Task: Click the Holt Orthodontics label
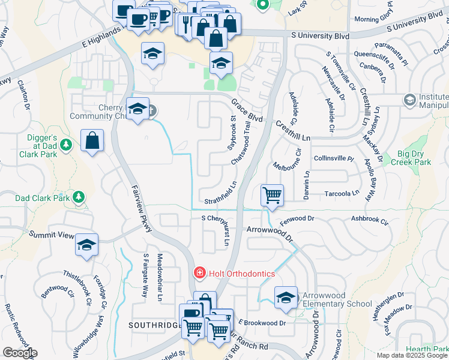coord(241,274)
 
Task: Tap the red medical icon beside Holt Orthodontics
coord(198,274)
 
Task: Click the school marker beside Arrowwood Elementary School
coord(286,298)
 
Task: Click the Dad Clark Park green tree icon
coord(79,196)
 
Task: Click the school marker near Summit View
coord(87,245)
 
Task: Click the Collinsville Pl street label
coord(334,158)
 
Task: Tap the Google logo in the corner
coord(20,353)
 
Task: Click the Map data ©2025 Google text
coord(412,355)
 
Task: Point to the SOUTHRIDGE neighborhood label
coord(154,324)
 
